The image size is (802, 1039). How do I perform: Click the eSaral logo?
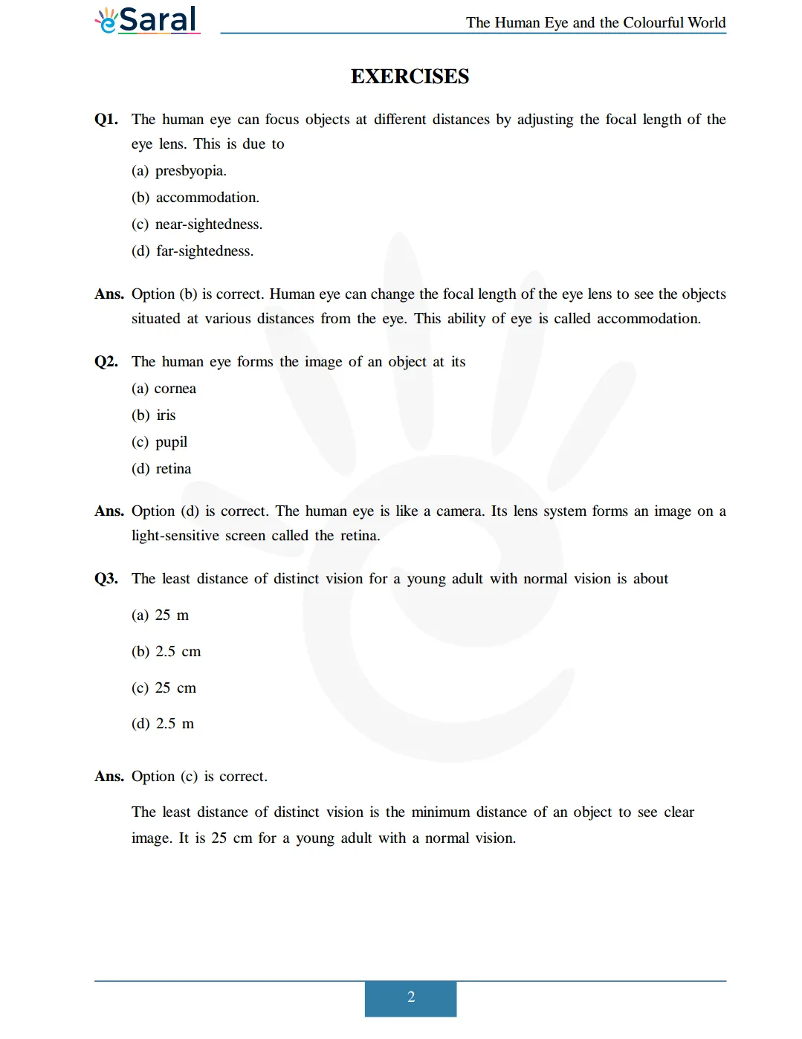click(147, 20)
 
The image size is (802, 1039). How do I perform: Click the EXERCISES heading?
click(410, 77)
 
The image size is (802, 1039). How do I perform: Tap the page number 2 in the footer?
click(410, 997)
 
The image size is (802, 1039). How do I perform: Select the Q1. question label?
click(106, 120)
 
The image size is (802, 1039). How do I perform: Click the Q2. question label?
click(106, 362)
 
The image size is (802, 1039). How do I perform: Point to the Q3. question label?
click(106, 579)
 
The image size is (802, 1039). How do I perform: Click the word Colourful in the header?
click(654, 23)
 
